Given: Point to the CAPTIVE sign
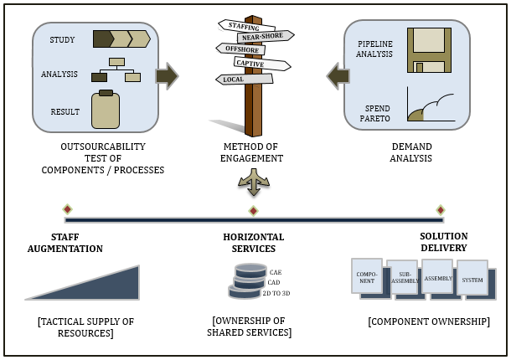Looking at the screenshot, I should pos(261,63).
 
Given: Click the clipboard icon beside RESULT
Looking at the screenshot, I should pos(106,110).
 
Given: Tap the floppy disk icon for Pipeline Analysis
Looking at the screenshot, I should pos(429,50).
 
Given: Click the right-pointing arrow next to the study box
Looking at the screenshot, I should pos(168,75).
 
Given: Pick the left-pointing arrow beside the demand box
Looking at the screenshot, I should pos(338,76).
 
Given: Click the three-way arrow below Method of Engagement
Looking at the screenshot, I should pos(254,181).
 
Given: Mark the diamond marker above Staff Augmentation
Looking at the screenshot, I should pos(67,208).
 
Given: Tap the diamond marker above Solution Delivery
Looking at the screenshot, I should pos(441,209).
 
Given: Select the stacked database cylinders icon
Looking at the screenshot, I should pos(248,281).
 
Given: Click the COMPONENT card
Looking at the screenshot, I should pos(367,275).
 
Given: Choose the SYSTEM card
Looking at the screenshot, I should pos(472,279).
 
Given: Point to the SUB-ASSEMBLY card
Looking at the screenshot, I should pos(404,278).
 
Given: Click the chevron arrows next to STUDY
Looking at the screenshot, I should pos(121,39).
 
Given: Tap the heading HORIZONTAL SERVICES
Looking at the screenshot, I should pos(253,243).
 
